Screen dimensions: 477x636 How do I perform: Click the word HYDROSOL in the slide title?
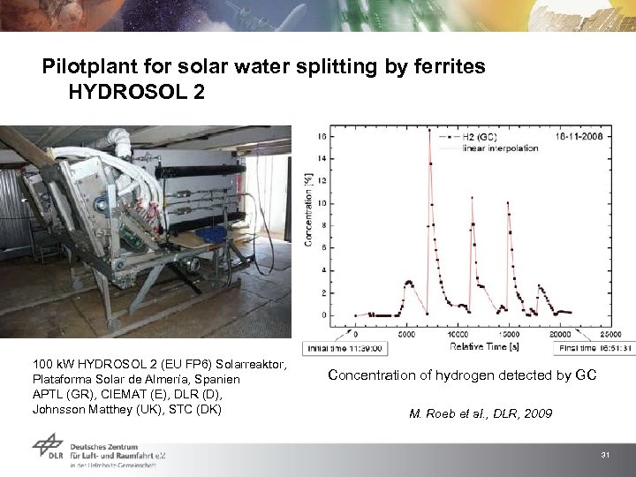click(126, 93)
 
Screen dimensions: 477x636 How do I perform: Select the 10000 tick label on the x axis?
click(458, 335)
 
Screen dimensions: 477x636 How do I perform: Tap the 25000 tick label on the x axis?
click(610, 335)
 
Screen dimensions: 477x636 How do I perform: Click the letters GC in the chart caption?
click(587, 375)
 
